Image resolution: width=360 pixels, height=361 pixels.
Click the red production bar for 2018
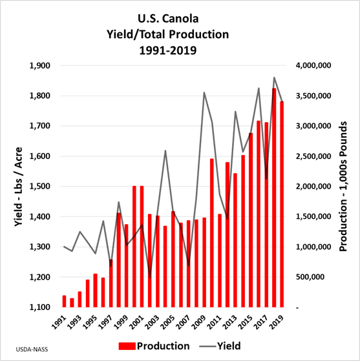click(x=274, y=198)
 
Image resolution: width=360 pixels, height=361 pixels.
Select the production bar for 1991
click(x=64, y=302)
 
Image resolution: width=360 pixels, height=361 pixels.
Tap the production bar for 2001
click(x=142, y=247)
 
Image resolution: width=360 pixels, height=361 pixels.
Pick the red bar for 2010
click(x=212, y=233)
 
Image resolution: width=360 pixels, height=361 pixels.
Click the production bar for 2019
click(x=282, y=205)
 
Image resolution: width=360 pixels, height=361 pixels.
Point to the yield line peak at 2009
click(x=204, y=92)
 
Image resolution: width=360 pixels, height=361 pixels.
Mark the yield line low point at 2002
click(x=150, y=278)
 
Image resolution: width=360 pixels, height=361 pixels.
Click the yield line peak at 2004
click(x=165, y=151)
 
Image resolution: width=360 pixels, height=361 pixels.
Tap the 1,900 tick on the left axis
click(x=39, y=66)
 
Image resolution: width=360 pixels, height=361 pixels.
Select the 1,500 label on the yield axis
click(x=39, y=187)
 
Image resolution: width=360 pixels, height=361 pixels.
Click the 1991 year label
click(x=59, y=322)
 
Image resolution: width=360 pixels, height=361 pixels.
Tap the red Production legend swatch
click(x=127, y=346)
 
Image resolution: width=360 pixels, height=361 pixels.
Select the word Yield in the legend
click(x=229, y=346)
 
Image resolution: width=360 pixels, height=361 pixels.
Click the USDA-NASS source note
click(x=32, y=349)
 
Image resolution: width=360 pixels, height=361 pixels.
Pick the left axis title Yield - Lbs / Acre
click(x=19, y=187)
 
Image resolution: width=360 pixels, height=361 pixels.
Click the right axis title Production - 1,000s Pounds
click(x=343, y=187)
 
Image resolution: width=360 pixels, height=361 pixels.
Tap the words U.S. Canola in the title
click(x=168, y=19)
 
